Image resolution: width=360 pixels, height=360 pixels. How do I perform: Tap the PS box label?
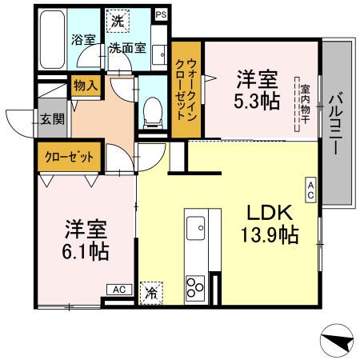click(x=162, y=14)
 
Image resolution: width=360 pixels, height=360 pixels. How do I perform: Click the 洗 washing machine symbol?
click(x=118, y=18)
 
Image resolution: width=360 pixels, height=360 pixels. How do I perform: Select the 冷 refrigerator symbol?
click(x=150, y=293)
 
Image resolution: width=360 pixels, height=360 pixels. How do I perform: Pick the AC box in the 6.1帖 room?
click(x=118, y=290)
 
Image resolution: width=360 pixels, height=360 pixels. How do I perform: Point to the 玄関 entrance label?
click(x=53, y=120)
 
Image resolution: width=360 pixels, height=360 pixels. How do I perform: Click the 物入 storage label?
click(x=86, y=84)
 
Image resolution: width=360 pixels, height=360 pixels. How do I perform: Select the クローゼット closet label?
click(x=69, y=155)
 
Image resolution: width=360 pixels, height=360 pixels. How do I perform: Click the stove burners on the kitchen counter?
click(x=195, y=286)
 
